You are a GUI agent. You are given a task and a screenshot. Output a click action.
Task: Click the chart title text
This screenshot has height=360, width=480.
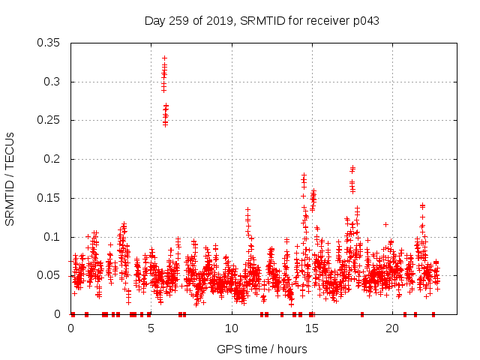coord(261,21)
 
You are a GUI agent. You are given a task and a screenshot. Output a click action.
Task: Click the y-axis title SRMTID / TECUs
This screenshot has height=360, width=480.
coord(10,178)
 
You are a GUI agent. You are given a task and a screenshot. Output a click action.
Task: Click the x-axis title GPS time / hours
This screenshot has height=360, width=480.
coord(262,349)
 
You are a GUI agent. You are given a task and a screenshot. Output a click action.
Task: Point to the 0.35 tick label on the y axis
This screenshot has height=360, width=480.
coord(49,43)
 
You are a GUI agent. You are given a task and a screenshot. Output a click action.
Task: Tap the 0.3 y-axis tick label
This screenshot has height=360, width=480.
coord(52,82)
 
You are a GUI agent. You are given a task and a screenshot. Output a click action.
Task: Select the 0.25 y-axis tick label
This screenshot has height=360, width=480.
coord(49,120)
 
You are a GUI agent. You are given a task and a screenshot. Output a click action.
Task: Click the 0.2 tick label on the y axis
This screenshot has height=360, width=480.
coord(52,159)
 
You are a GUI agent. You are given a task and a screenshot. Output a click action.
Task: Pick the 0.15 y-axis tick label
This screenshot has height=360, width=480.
coord(49,198)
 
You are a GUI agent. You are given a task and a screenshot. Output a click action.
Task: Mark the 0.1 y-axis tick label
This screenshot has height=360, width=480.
coord(52,237)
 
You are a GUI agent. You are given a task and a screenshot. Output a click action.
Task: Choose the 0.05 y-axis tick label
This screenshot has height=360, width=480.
coord(49,275)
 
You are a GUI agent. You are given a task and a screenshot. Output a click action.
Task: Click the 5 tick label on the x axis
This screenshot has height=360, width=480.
coord(151,328)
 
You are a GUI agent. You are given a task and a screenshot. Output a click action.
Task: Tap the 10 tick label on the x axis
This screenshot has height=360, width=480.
coord(232,328)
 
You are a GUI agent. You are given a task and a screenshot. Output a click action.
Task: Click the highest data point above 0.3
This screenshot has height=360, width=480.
coord(164,58)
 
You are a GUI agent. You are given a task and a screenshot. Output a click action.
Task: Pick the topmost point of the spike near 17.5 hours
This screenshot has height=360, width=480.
coord(352,167)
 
